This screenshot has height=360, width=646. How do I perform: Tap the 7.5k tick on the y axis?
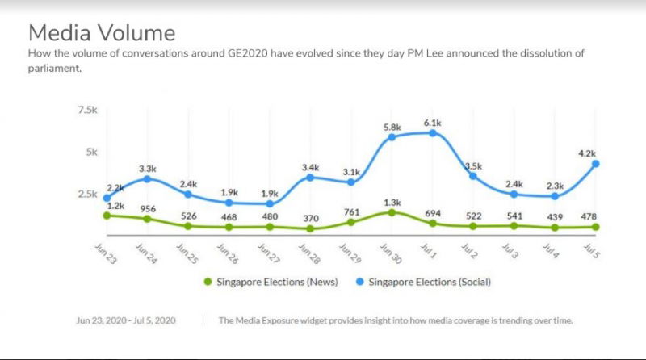click(x=86, y=109)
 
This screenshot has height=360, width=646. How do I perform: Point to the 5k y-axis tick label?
click(x=91, y=151)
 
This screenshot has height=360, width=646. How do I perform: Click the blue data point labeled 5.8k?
click(x=392, y=137)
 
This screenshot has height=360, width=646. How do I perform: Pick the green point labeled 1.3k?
click(x=392, y=212)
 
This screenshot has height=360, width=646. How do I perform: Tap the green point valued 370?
click(x=310, y=228)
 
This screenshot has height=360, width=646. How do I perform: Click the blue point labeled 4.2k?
click(x=596, y=164)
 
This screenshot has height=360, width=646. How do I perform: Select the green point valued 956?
click(x=147, y=219)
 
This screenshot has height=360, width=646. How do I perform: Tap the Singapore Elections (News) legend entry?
click(x=270, y=282)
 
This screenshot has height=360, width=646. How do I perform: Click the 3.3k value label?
click(x=148, y=168)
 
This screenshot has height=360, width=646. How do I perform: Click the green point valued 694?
click(x=433, y=224)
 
